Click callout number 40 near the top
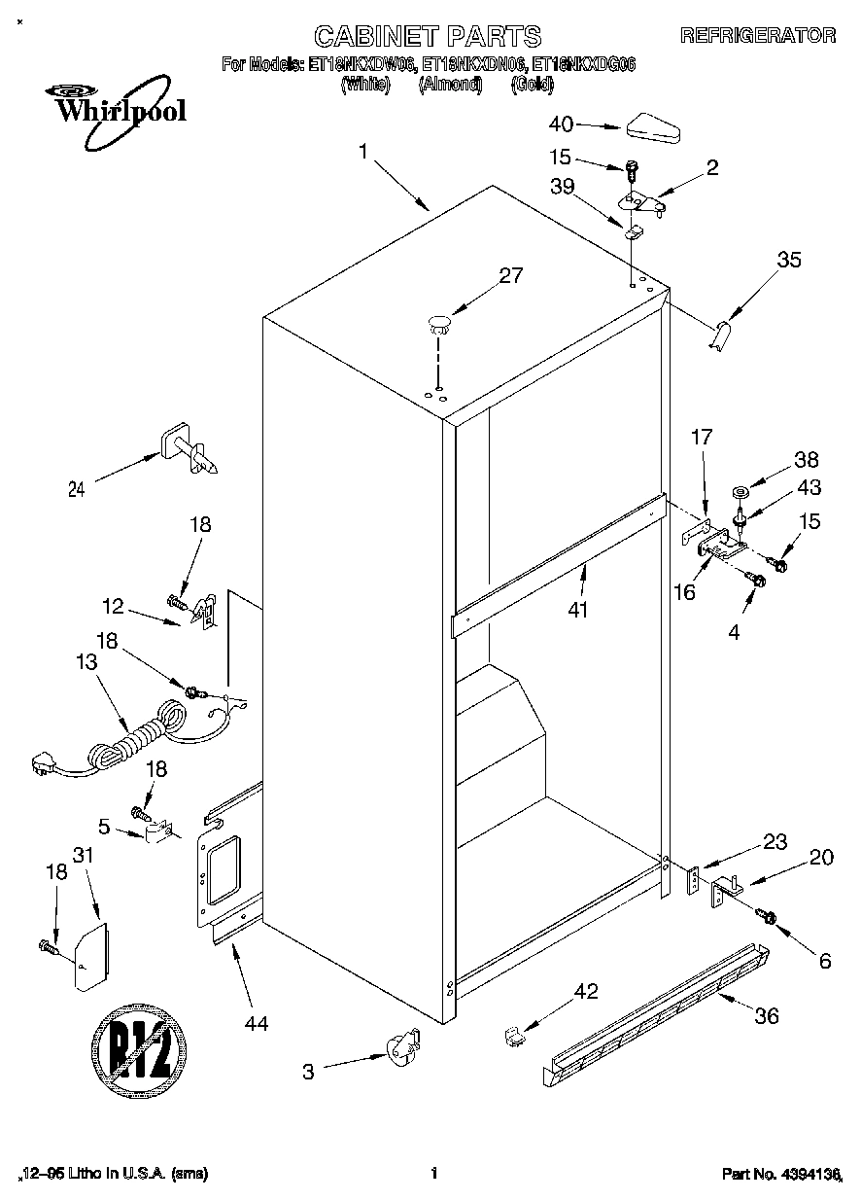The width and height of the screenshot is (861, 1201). click(562, 124)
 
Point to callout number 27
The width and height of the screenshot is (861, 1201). click(510, 276)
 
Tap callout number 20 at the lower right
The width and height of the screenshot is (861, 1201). click(821, 858)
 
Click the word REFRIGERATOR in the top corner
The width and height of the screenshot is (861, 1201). click(758, 35)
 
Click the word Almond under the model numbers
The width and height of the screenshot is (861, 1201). click(450, 85)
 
